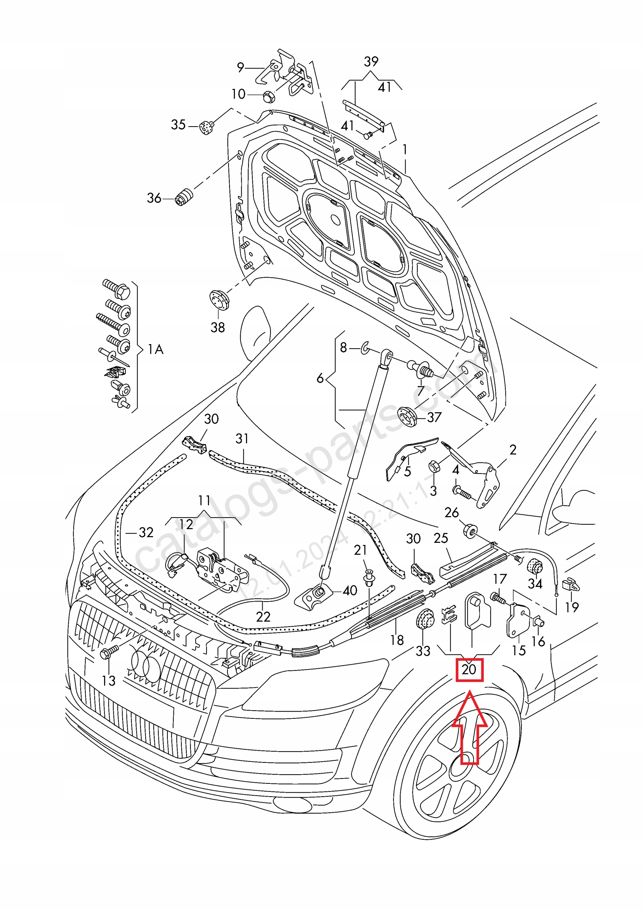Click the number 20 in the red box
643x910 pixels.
tap(468, 669)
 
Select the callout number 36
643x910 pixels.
tap(154, 198)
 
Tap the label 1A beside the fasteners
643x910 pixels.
tap(155, 349)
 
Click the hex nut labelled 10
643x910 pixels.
tap(269, 96)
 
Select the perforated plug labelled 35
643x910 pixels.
tap(207, 127)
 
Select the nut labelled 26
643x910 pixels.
tap(470, 530)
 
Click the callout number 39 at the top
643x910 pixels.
tap(371, 61)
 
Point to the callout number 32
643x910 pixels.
tap(146, 532)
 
